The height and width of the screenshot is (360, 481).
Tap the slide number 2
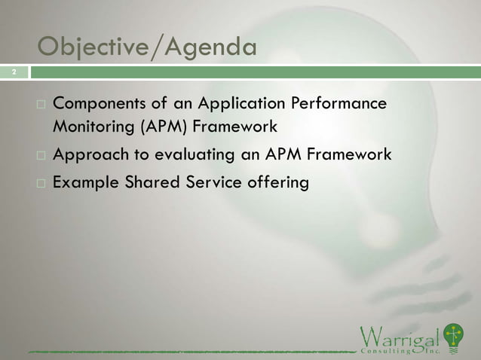pyautogui.click(x=13, y=72)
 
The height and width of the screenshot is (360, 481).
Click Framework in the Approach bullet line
pyautogui.click(x=346, y=155)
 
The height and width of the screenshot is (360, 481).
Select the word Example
pyautogui.click(x=84, y=183)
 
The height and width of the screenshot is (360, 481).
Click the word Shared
pyautogui.click(x=150, y=183)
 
